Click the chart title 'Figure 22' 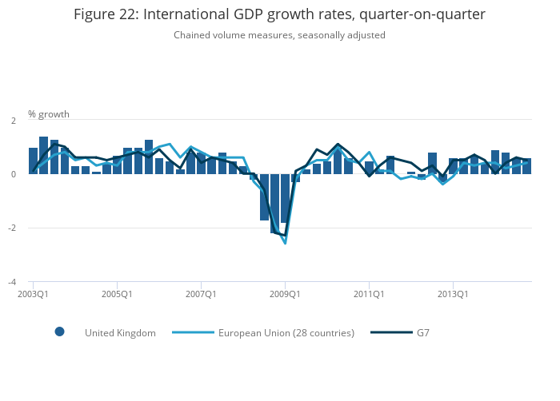(x=279, y=14)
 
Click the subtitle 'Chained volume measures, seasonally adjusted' (x=279, y=35)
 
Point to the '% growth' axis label (x=49, y=114)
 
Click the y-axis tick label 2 (x=13, y=121)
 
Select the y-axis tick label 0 (x=13, y=174)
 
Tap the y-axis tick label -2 (x=11, y=228)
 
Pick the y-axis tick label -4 (x=11, y=282)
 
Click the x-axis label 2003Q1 (x=33, y=294)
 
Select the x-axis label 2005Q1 (x=117, y=294)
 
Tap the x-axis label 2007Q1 (x=201, y=294)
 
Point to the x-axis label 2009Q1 (x=285, y=294)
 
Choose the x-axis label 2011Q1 (x=369, y=294)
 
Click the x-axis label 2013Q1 (x=453, y=294)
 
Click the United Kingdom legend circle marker (x=59, y=332)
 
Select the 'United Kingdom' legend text (x=120, y=333)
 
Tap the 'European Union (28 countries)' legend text (x=286, y=333)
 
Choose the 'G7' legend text (x=422, y=333)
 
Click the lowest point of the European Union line (x=285, y=243)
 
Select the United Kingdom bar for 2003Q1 (x=34, y=161)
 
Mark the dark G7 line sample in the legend (x=390, y=332)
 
